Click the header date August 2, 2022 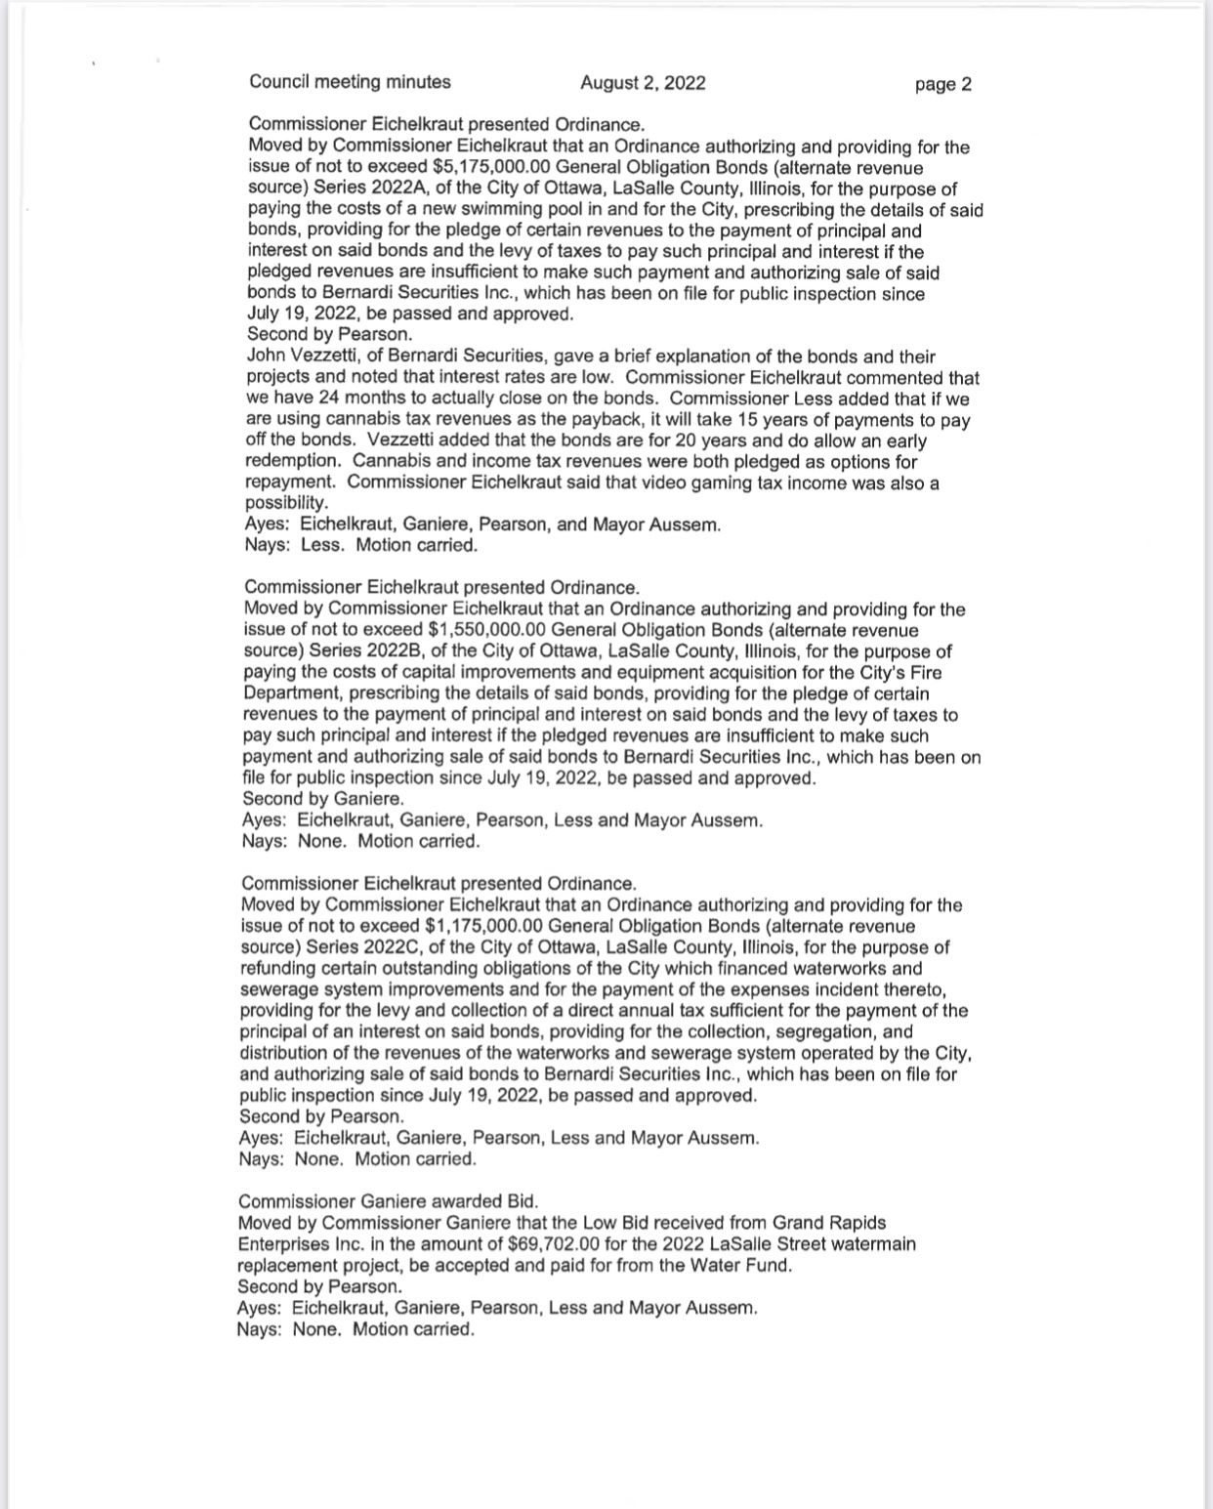click(x=643, y=83)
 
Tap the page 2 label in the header click(x=942, y=84)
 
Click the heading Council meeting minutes click(x=350, y=82)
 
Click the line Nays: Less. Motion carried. click(x=361, y=546)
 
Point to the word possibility click(x=285, y=504)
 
